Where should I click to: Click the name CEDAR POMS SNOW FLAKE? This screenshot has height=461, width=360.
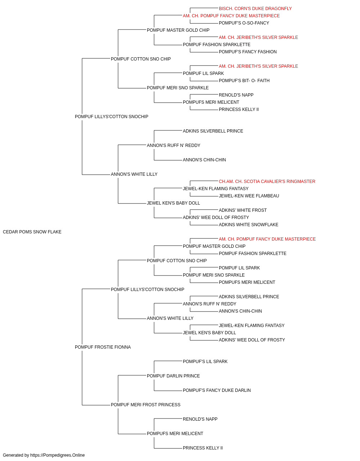(32, 232)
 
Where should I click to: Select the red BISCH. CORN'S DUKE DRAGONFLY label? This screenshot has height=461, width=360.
(255, 9)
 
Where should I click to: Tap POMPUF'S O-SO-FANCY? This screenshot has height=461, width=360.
(244, 23)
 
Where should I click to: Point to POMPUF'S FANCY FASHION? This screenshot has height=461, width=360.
(248, 52)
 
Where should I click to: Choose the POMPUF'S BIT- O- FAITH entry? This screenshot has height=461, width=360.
(244, 81)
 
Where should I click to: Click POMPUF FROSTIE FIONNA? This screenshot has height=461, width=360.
(103, 347)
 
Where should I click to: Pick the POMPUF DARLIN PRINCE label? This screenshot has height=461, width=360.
(173, 376)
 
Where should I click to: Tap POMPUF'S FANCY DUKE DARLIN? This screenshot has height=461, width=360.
(217, 390)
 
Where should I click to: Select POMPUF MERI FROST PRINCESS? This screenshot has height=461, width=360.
(145, 405)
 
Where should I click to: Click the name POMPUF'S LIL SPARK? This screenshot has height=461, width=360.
(205, 362)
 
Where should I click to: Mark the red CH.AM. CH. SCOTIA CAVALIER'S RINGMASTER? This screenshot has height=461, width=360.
(267, 182)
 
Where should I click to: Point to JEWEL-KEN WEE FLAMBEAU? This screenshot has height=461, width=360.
(249, 196)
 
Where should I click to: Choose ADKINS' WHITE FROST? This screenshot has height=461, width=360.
(243, 210)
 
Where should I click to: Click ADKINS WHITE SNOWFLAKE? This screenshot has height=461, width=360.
(248, 225)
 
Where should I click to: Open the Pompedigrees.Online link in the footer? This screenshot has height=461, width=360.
(58, 455)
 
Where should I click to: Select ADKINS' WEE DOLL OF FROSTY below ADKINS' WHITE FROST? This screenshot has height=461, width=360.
(216, 218)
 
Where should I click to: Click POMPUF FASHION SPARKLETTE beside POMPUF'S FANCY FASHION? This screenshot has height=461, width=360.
(216, 45)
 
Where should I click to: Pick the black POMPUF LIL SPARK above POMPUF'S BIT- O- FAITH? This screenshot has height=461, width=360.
(203, 73)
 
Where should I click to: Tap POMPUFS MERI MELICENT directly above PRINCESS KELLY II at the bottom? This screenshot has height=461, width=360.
(175, 434)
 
